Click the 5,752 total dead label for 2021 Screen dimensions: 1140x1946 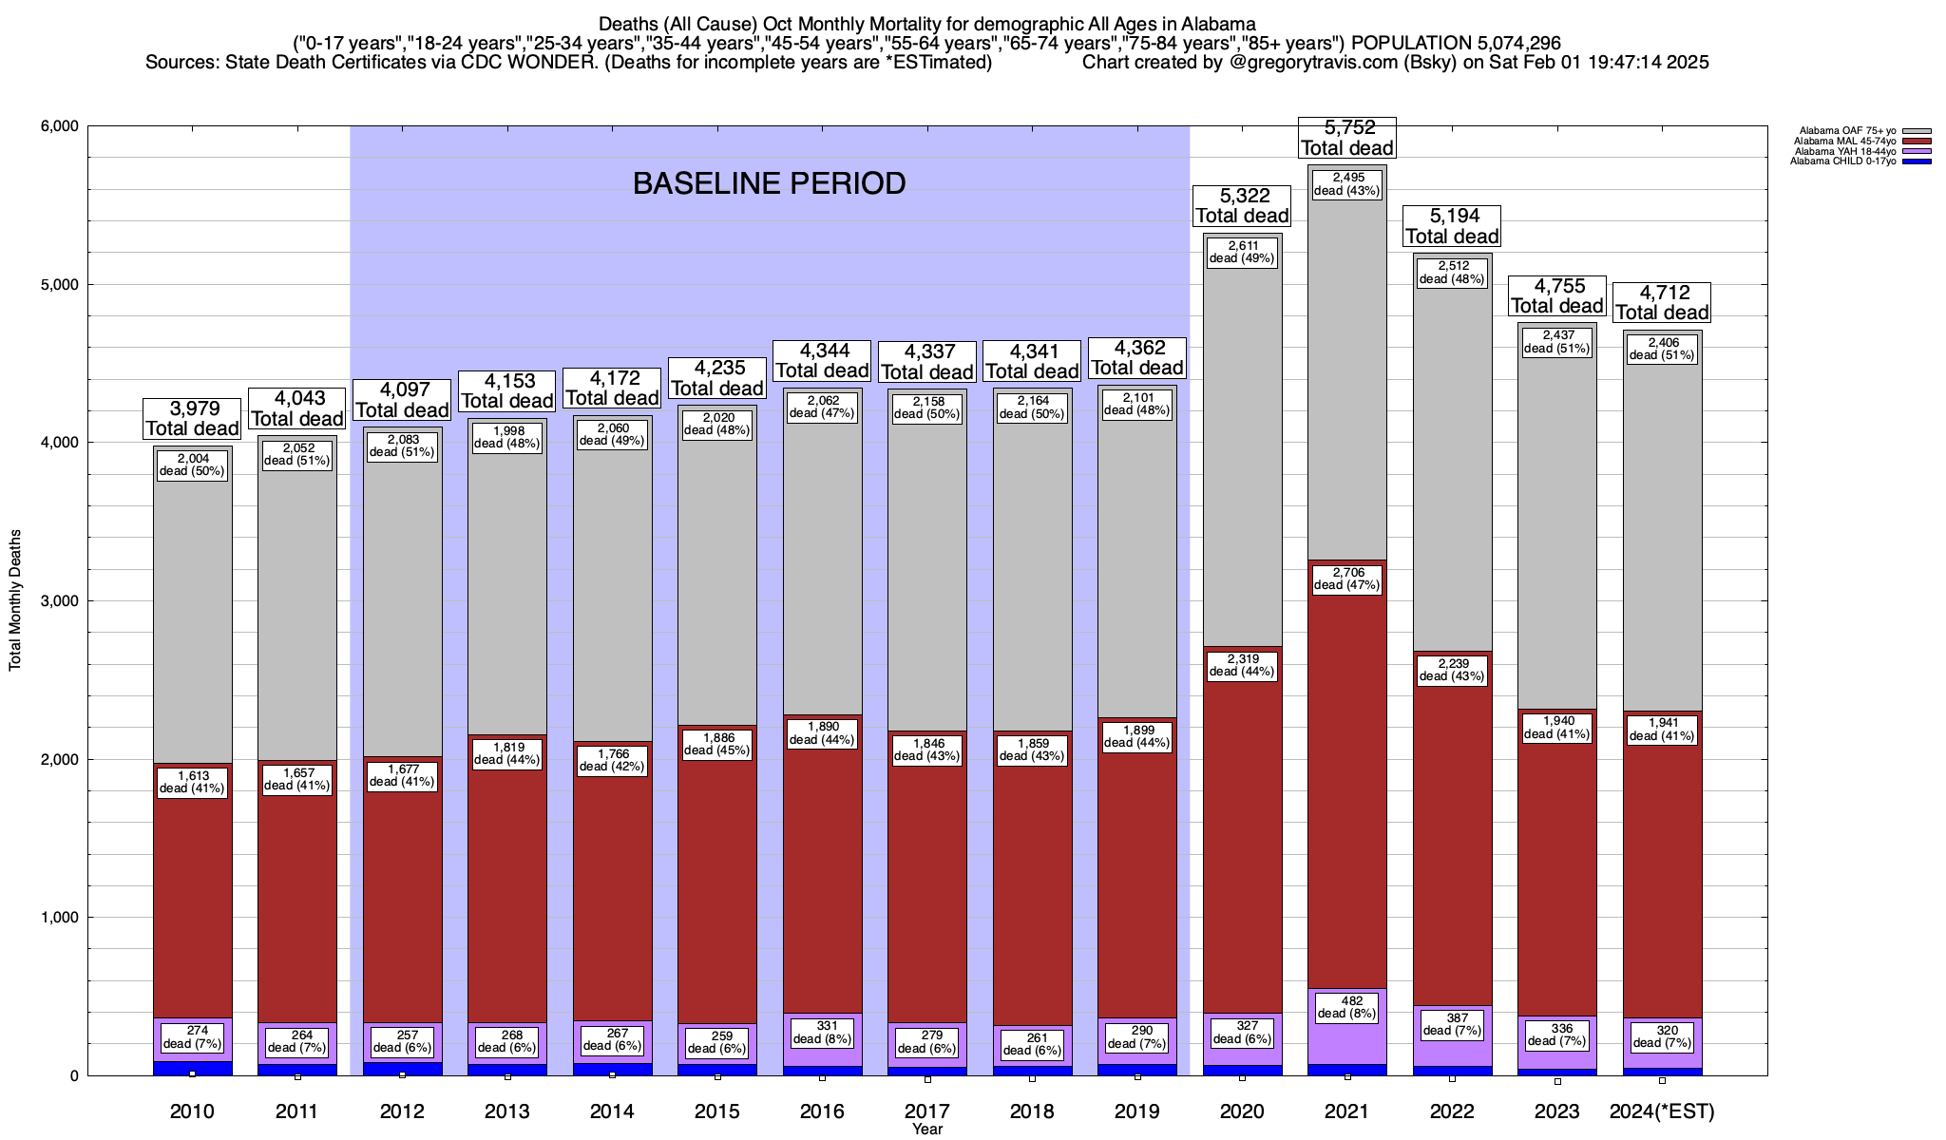[1346, 138]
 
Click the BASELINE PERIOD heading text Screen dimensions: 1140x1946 [769, 183]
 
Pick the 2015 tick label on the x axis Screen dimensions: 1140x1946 [716, 1111]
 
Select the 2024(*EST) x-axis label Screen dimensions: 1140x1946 [1662, 1111]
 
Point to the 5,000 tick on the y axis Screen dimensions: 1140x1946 [58, 285]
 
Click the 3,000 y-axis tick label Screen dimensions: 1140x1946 [58, 601]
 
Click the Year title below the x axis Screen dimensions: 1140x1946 [926, 1130]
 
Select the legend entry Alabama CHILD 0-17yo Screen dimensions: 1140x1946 [1842, 161]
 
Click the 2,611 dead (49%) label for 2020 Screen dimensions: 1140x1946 [1242, 252]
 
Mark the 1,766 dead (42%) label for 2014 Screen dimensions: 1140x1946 [612, 761]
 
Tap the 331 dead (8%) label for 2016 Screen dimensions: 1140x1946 [822, 1032]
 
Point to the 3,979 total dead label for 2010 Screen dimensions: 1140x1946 [192, 418]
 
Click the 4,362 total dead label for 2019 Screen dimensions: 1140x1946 [1136, 358]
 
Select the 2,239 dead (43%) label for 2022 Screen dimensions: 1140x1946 [1452, 670]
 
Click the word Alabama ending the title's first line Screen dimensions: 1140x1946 [1220, 24]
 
